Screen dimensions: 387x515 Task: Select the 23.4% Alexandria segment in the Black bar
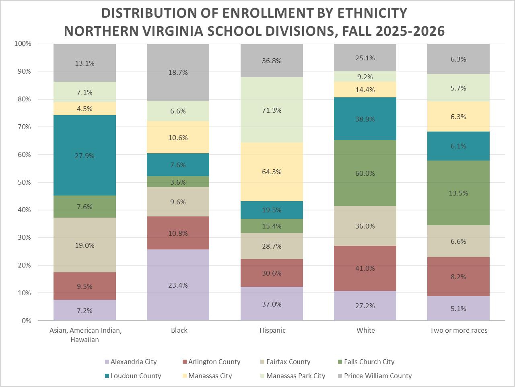[178, 285]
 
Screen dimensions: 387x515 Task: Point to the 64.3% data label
[272, 172]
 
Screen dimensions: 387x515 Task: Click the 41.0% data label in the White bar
[365, 268]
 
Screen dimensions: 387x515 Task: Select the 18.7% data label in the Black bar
[178, 72]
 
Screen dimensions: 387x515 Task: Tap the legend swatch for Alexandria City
[107, 362]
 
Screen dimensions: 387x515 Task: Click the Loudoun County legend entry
[136, 376]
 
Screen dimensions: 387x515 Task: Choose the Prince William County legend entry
[377, 376]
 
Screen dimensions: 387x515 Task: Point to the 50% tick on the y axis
[23, 182]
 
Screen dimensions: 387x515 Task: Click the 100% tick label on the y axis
[23, 43]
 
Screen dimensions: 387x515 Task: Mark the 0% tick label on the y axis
[26, 321]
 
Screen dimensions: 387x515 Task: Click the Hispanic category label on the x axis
[272, 330]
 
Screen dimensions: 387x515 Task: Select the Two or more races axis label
[458, 330]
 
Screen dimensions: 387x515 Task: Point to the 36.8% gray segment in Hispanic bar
[272, 60]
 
